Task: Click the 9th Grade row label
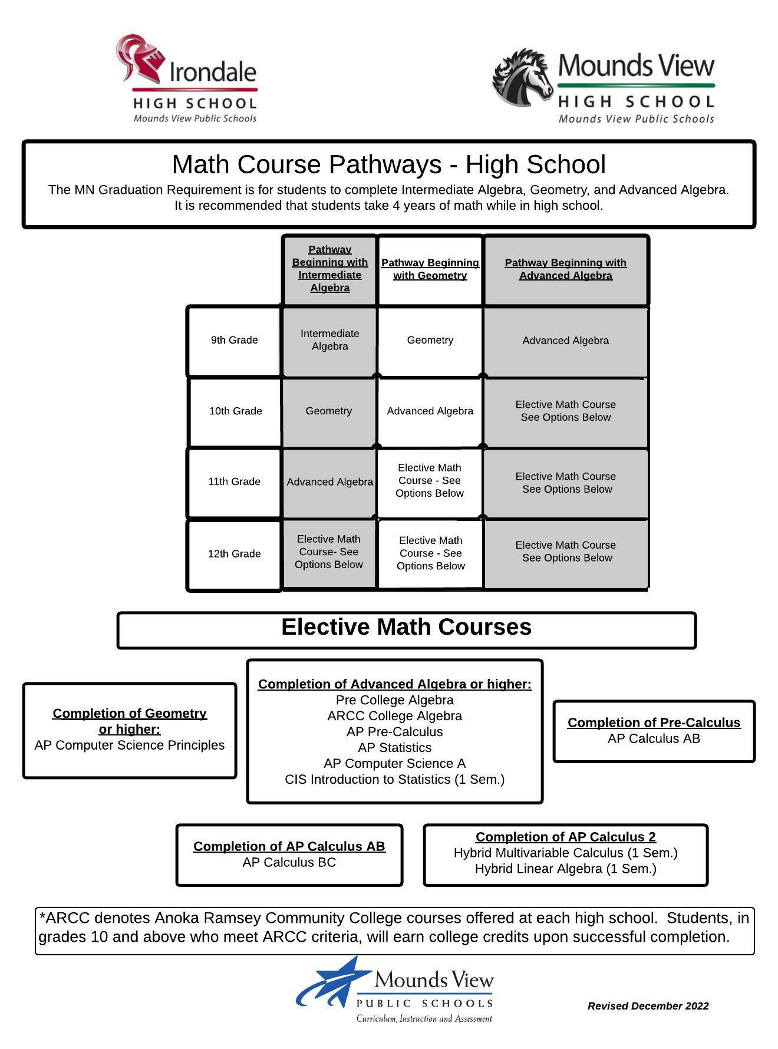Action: coord(234,340)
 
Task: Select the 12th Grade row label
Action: coord(234,554)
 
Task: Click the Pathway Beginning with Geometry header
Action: coord(430,269)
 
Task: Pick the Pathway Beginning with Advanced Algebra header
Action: coord(565,269)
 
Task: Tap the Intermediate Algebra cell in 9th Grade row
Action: coord(329,340)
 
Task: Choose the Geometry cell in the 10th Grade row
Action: coord(328,411)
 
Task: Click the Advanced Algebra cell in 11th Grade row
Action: coord(329,482)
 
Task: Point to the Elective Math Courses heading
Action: coord(406,627)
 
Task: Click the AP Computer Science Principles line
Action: coord(130,745)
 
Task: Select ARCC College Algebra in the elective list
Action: coord(394,716)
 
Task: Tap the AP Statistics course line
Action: coord(394,748)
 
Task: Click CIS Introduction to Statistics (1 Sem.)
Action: coord(394,780)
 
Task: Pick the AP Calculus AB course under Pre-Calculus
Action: coord(654,739)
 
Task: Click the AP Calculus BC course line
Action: coord(289,863)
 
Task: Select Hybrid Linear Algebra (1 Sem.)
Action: coord(565,869)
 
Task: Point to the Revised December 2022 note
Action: coord(648,1006)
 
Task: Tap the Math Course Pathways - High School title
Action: coord(388,164)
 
